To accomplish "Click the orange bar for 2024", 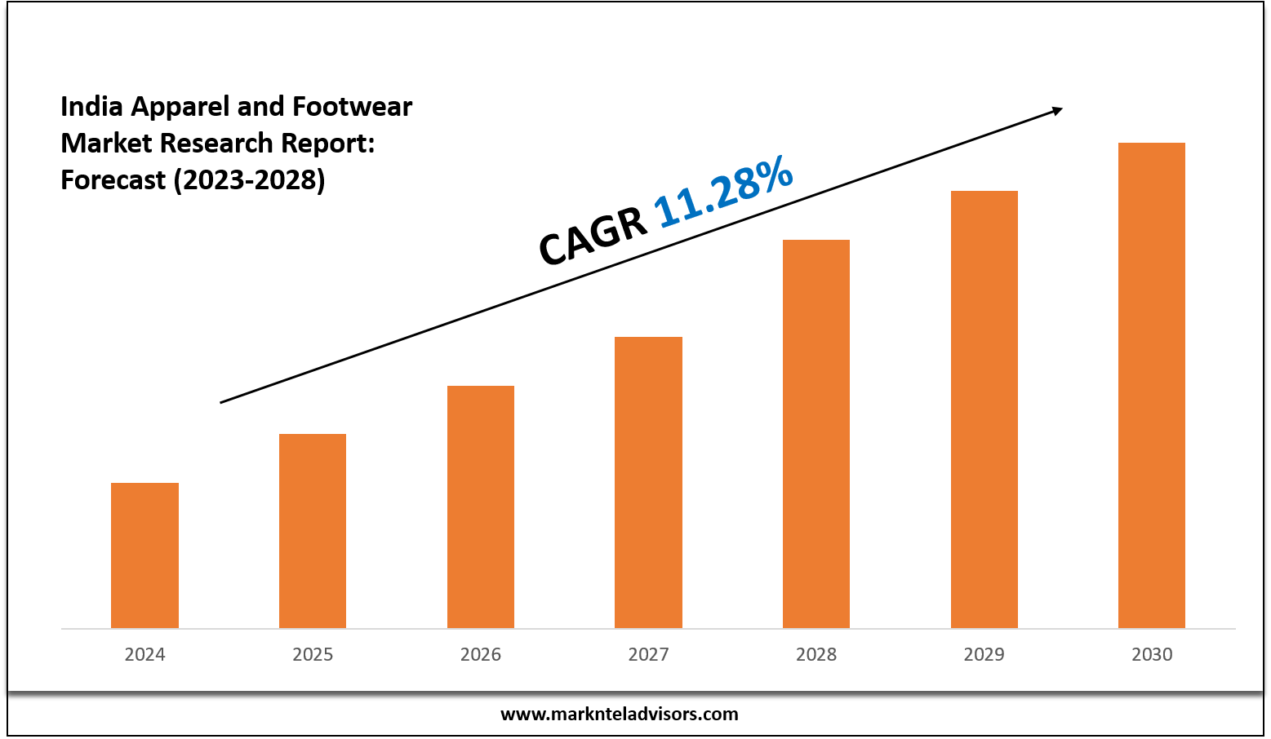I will tap(144, 555).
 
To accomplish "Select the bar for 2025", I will tap(313, 531).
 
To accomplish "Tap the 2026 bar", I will tap(481, 507).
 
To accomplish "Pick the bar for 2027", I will tap(648, 482).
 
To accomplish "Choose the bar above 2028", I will tap(816, 434).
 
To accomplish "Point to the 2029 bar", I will tap(984, 409).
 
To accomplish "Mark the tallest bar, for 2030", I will tap(1152, 385).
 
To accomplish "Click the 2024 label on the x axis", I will tap(144, 654).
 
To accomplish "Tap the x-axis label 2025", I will tap(313, 654).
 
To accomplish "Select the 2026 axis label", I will tap(481, 654).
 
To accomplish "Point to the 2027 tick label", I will tap(648, 654).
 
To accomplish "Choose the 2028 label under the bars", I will tap(816, 654).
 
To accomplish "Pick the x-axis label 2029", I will tap(984, 654).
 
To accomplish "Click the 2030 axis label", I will tap(1152, 654).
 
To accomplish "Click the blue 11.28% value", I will tap(723, 192).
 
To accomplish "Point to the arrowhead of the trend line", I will tap(1057, 110).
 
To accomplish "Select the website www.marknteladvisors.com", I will tap(619, 715).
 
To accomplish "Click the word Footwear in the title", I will tap(352, 106).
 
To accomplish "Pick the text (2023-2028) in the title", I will tap(249, 179).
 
